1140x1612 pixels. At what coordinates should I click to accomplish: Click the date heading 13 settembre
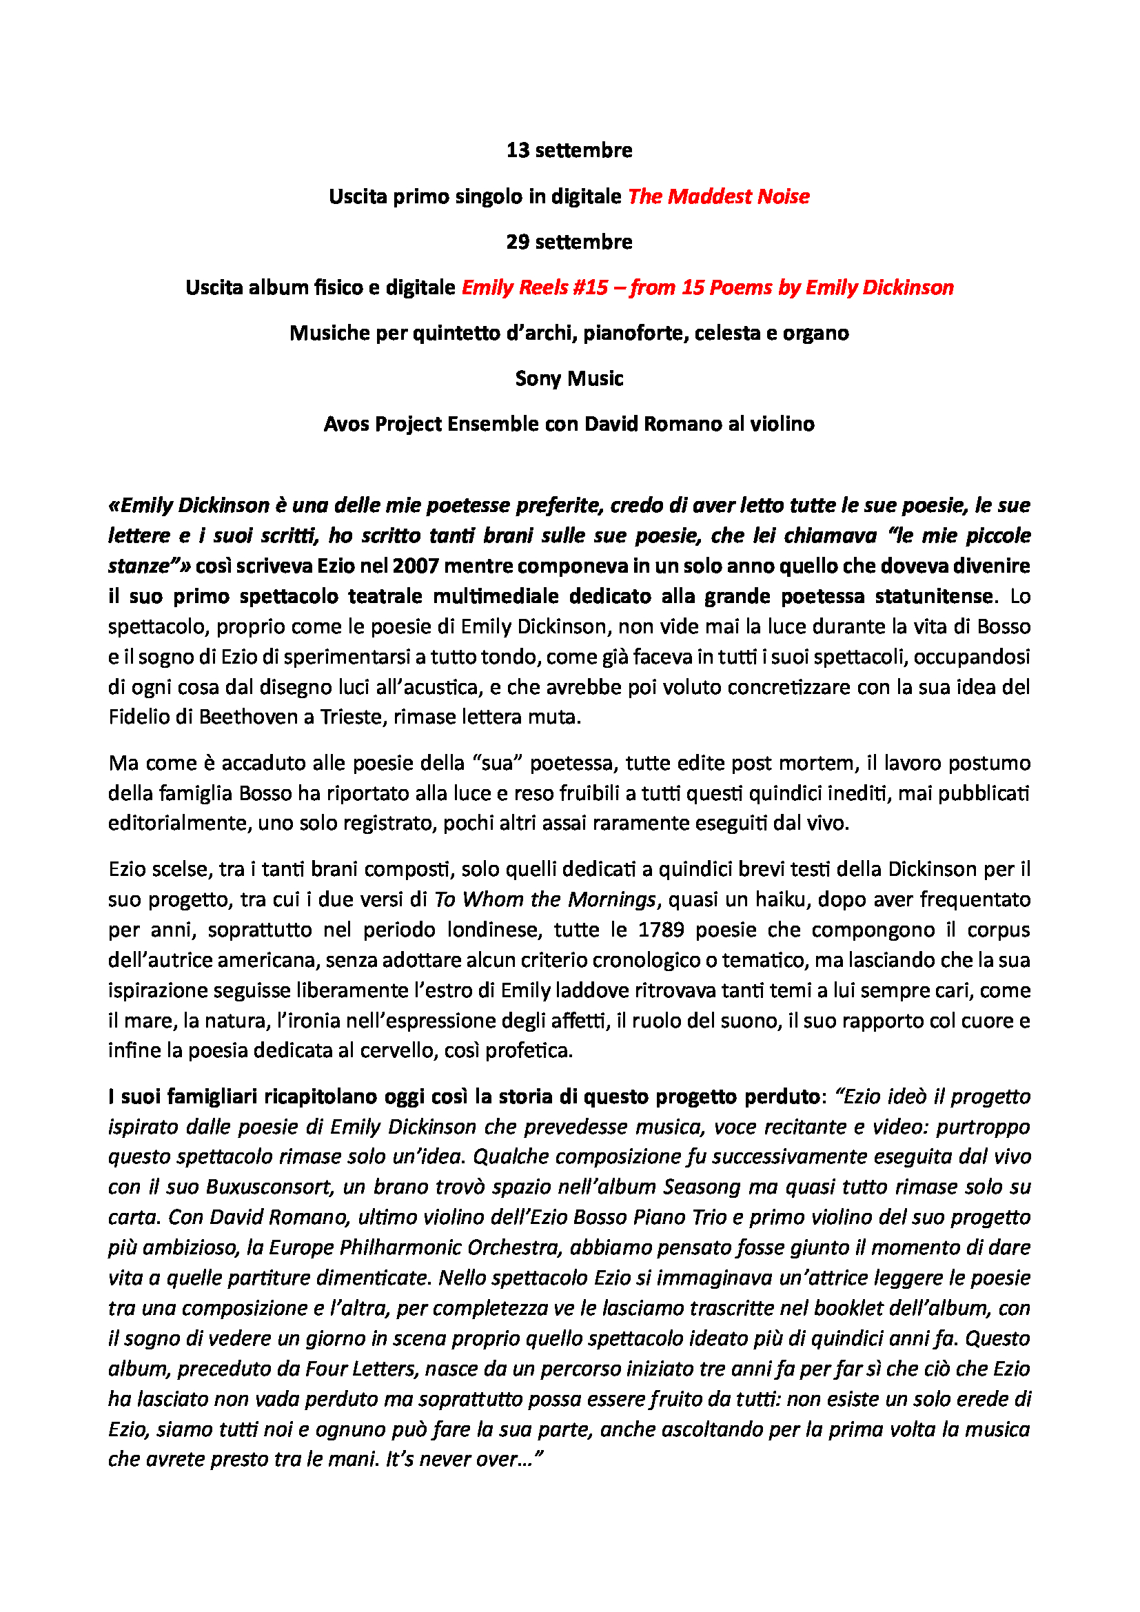point(569,150)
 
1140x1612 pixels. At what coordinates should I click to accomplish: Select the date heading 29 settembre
point(569,241)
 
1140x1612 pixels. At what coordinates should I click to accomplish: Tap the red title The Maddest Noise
point(718,196)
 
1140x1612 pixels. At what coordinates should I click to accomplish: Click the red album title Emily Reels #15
point(534,288)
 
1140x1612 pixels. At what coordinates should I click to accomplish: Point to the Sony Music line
point(569,378)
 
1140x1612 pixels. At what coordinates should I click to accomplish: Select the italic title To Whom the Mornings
point(544,899)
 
